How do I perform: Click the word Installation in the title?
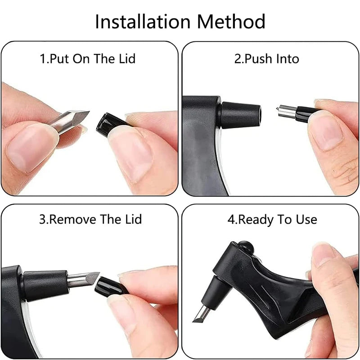click(143, 21)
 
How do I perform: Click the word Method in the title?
click(231, 21)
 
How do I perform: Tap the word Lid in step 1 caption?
click(127, 58)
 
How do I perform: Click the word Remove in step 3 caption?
click(73, 219)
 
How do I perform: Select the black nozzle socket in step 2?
click(239, 115)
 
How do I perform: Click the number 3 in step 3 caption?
click(42, 220)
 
